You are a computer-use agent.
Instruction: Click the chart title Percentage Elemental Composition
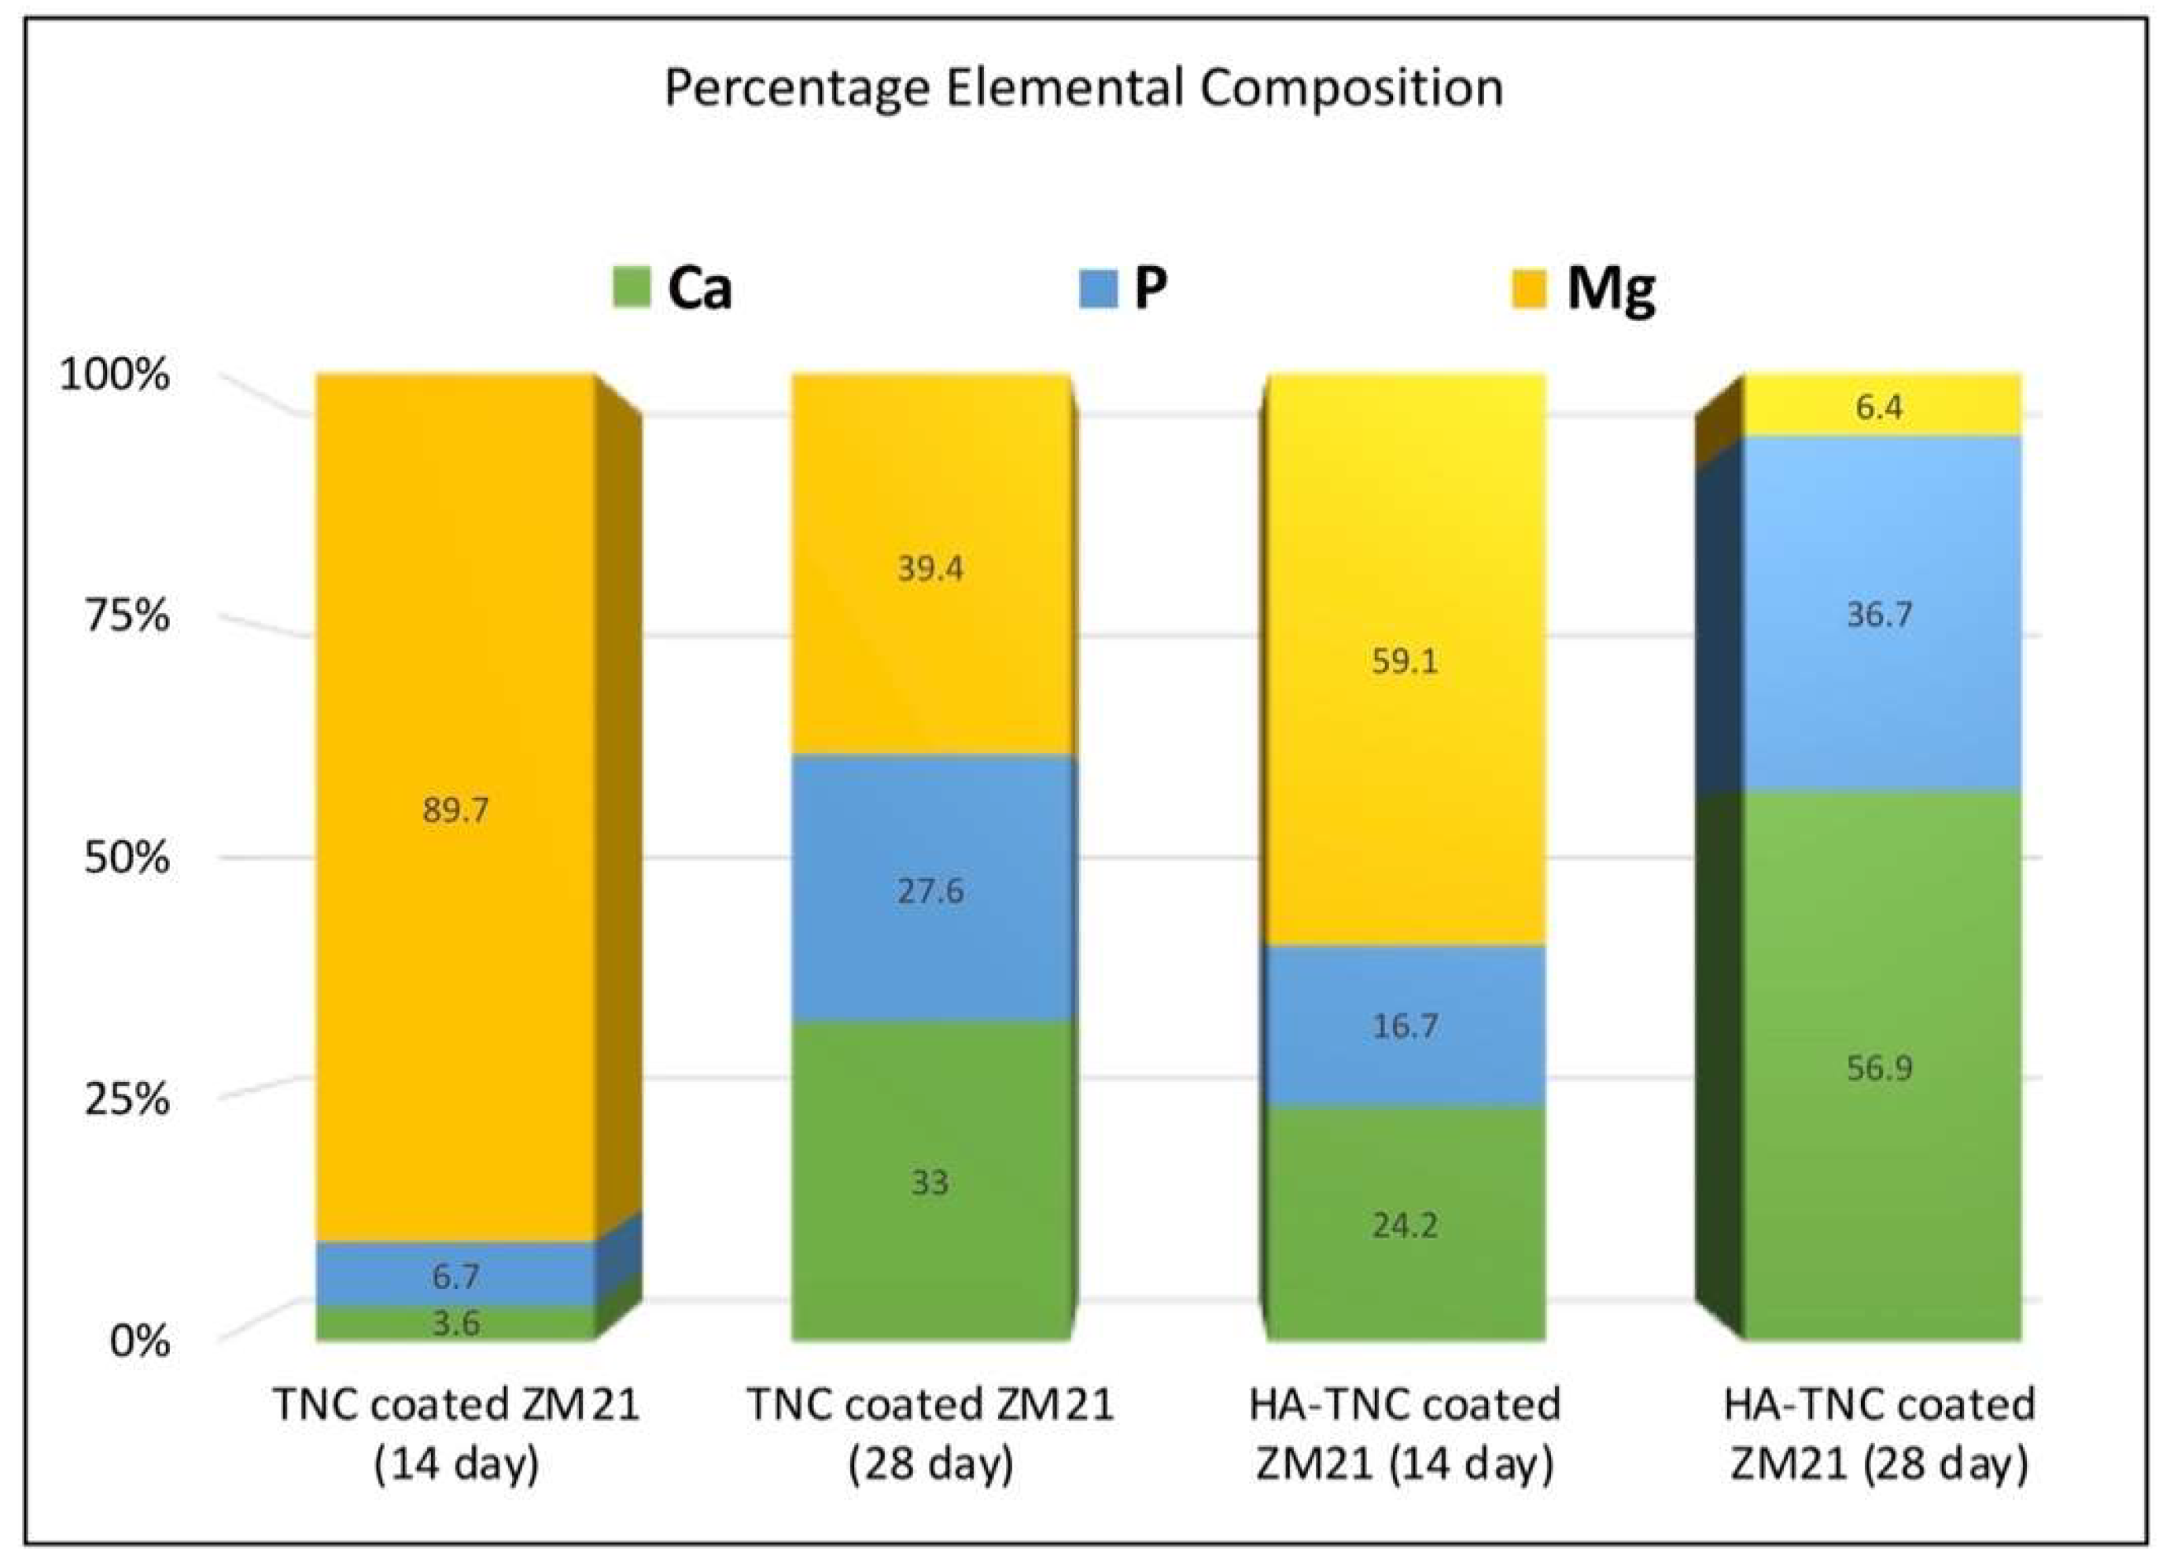point(1084,88)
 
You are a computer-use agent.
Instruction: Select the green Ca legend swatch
point(631,289)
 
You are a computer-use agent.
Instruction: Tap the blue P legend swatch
point(1098,289)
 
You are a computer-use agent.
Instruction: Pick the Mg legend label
point(1611,289)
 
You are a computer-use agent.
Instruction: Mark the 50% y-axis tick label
point(126,858)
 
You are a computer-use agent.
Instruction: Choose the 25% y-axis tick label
point(126,1098)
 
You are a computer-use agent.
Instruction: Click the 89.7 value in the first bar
point(455,810)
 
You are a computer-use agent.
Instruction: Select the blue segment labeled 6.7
point(455,1275)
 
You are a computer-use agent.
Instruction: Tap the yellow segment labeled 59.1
point(1405,662)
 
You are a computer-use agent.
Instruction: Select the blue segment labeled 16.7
point(1405,1025)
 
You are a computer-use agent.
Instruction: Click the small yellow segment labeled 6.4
point(1880,407)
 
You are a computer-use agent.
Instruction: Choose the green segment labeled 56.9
point(1880,1068)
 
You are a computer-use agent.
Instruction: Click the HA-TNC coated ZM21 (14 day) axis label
point(1405,1434)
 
